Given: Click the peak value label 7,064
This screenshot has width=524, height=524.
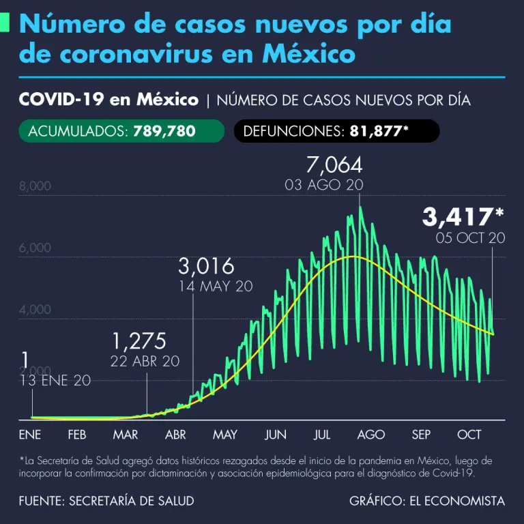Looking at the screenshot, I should pyautogui.click(x=334, y=165).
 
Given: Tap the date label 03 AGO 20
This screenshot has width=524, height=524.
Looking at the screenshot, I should pyautogui.click(x=324, y=185).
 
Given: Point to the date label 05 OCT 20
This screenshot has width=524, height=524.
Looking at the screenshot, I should pyautogui.click(x=470, y=238).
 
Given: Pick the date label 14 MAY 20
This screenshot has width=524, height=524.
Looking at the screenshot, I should pyautogui.click(x=216, y=286).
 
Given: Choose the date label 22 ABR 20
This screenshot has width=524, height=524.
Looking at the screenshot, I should pyautogui.click(x=145, y=361).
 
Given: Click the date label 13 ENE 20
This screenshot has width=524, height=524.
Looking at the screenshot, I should pyautogui.click(x=56, y=381).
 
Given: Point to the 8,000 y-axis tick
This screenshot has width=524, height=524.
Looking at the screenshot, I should pyautogui.click(x=35, y=186).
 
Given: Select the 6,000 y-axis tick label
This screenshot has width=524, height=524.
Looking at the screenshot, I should pyautogui.click(x=35, y=248).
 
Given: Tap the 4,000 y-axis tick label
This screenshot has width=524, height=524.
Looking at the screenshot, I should pyautogui.click(x=35, y=309).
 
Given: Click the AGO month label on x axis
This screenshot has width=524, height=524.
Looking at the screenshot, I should pyautogui.click(x=370, y=435).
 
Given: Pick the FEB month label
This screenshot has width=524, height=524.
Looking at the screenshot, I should pyautogui.click(x=76, y=435).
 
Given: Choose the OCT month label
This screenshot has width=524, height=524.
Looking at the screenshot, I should pyautogui.click(x=469, y=435).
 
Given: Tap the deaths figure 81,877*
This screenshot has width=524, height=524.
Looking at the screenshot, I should pyautogui.click(x=379, y=131).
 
